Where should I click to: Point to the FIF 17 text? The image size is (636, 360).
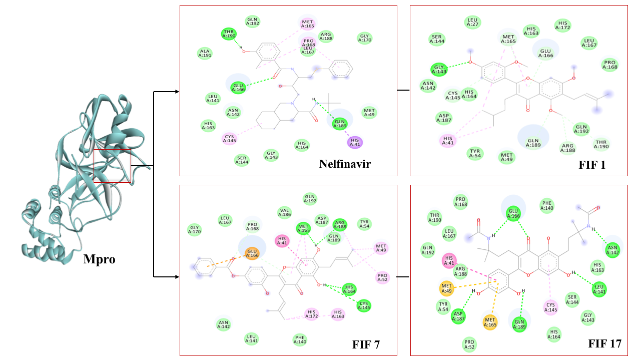click(x=604, y=343)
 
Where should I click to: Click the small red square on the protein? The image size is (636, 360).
click(x=112, y=166)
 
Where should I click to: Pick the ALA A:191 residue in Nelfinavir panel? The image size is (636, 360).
click(x=205, y=54)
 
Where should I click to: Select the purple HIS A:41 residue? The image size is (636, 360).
click(x=355, y=143)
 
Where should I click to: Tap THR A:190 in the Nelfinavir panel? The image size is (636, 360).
click(x=229, y=34)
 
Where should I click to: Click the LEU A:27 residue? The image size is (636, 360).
click(x=472, y=22)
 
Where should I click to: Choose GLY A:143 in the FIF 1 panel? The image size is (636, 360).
click(x=438, y=69)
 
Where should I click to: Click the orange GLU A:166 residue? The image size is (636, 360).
click(x=252, y=254)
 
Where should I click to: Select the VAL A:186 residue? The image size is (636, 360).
click(x=285, y=212)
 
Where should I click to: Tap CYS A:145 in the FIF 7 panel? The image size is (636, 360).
click(x=364, y=305)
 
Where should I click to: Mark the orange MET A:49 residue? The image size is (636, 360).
click(x=447, y=288)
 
